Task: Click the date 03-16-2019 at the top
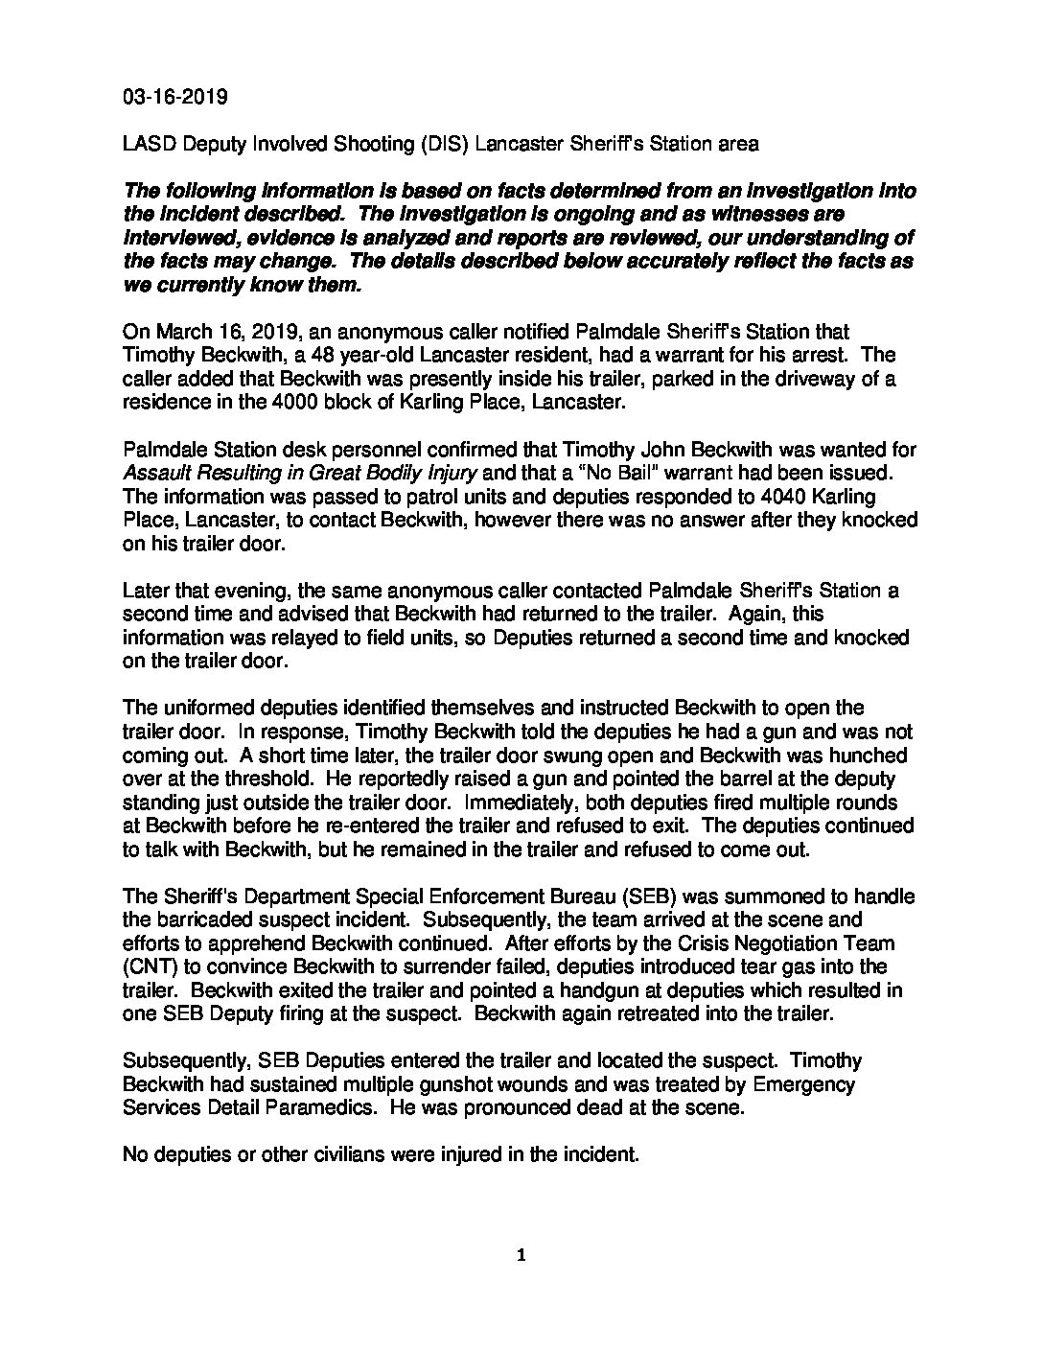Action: [174, 97]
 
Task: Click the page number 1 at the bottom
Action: [521, 1256]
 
